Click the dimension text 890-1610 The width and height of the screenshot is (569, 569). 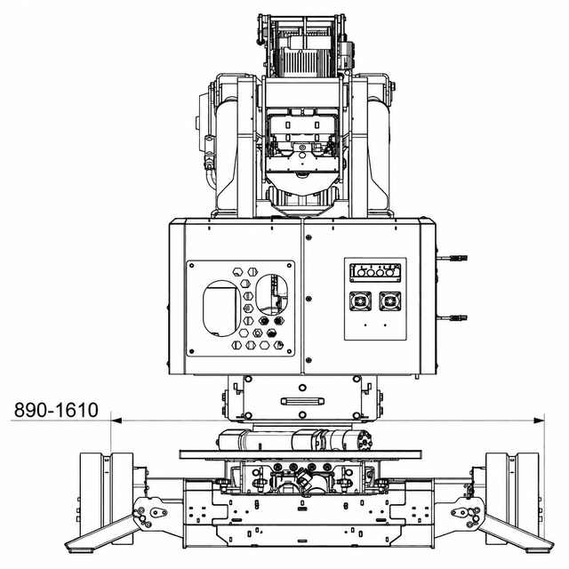(x=56, y=410)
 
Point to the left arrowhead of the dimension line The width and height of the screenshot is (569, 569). (x=116, y=421)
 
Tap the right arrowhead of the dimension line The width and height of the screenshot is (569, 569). (x=539, y=421)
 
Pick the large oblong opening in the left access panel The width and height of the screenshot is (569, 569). (x=221, y=309)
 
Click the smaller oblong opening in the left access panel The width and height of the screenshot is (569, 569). (x=272, y=294)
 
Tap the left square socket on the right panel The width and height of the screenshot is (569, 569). (x=360, y=301)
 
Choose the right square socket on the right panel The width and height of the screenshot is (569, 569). (x=390, y=301)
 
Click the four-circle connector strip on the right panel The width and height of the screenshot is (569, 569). (x=375, y=273)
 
